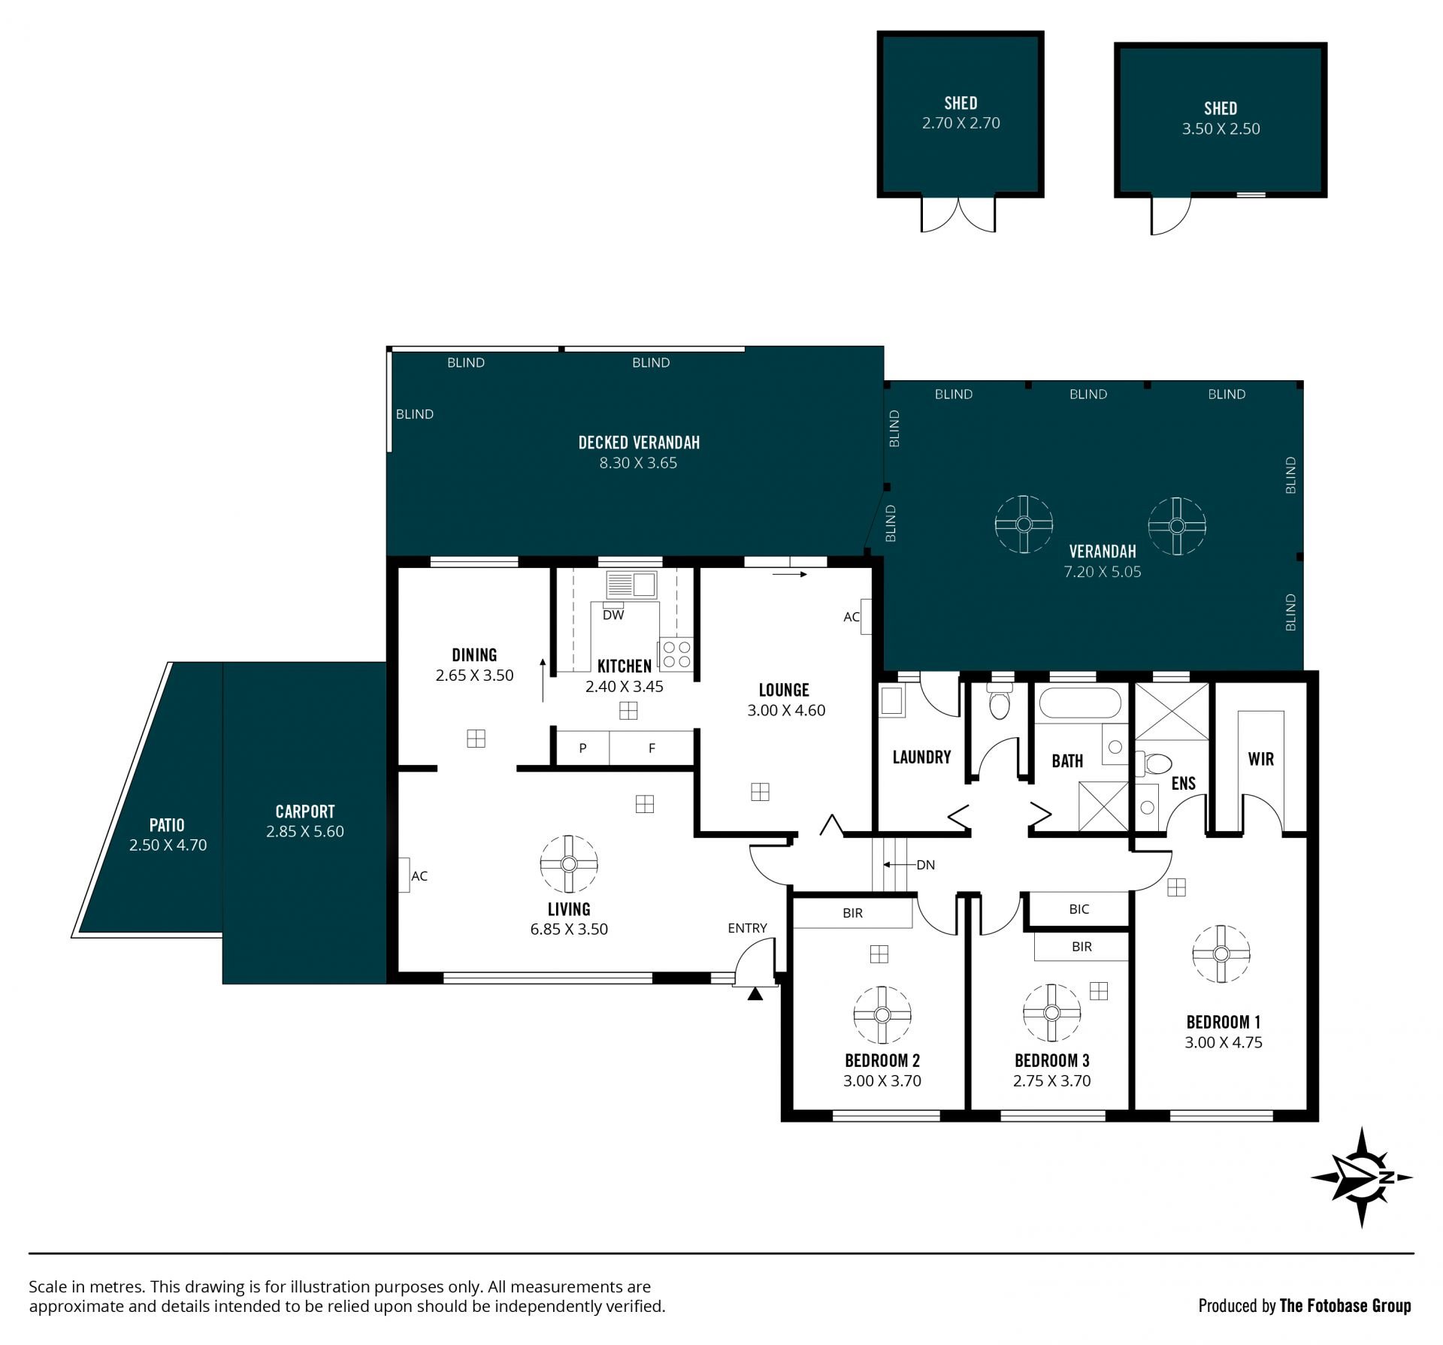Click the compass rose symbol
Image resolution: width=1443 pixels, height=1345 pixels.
pos(1362,1177)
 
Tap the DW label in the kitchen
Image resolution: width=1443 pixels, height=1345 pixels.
pos(613,615)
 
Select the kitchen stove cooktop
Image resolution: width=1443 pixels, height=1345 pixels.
pos(675,654)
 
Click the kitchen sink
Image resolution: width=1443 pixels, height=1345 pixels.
pos(631,585)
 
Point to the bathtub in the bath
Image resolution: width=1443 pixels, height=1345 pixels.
pos(1080,704)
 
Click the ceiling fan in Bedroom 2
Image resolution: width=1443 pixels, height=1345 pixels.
pos(882,1015)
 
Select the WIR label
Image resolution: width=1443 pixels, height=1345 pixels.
pos(1261,759)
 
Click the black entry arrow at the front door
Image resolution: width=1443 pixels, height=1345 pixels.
pos(755,994)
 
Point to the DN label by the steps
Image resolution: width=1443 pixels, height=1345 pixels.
pos(925,865)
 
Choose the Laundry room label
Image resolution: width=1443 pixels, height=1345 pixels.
pos(921,757)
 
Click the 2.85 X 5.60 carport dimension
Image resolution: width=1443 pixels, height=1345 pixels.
pos(305,831)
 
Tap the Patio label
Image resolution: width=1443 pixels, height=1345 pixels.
pos(167,825)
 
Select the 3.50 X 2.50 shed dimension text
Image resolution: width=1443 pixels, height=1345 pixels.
pos(1221,128)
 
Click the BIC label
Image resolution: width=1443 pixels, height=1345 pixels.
pos(1079,909)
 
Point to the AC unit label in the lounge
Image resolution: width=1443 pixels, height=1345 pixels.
pos(852,617)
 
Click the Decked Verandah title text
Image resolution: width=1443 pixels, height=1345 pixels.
pos(639,443)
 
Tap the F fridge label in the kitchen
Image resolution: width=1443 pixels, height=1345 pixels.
pos(652,748)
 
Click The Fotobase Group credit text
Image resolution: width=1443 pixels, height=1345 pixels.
pos(1345,1306)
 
